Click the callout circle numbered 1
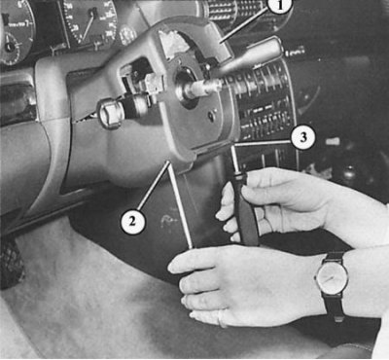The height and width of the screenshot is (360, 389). click(279, 6)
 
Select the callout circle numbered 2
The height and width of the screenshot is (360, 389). click(133, 222)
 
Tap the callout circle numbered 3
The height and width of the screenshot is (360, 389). click(302, 137)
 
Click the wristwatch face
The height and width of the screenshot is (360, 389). click(333, 277)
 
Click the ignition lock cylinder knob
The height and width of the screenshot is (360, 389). click(110, 113)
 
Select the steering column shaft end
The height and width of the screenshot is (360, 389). click(202, 87)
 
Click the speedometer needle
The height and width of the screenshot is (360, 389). click(88, 26)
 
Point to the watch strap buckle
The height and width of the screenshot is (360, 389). click(338, 318)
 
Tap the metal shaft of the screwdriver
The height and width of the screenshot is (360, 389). click(237, 160)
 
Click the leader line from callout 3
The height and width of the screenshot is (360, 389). click(263, 143)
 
